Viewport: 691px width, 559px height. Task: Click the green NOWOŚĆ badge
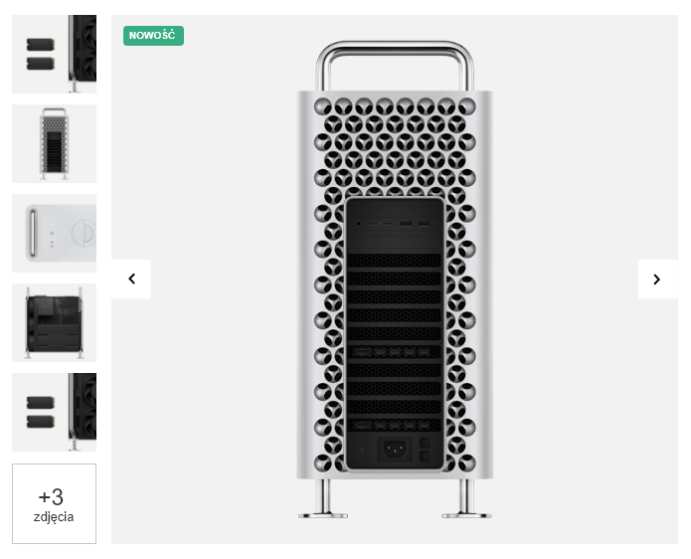pyautogui.click(x=153, y=36)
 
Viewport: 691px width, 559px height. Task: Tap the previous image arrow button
pyautogui.click(x=131, y=279)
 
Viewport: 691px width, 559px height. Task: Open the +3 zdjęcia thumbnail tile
pyautogui.click(x=55, y=503)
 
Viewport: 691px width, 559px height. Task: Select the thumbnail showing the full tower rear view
pyautogui.click(x=55, y=143)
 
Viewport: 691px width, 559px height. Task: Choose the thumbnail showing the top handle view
pyautogui.click(x=55, y=233)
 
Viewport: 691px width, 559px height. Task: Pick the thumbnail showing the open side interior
pyautogui.click(x=55, y=322)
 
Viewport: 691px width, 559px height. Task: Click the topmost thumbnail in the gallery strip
pyautogui.click(x=55, y=55)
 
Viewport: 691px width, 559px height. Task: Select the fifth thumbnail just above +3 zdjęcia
pyautogui.click(x=55, y=412)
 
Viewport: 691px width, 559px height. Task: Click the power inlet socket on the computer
pyautogui.click(x=395, y=450)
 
